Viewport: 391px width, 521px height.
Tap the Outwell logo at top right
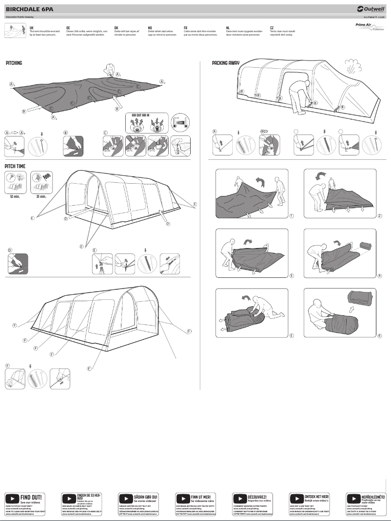coord(370,8)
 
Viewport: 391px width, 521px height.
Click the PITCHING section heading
coord(14,63)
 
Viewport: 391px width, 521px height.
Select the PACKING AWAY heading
coord(225,63)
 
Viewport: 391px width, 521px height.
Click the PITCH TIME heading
coord(15,166)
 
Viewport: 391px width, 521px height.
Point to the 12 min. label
coord(14,196)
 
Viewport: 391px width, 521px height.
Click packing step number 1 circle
coord(291,215)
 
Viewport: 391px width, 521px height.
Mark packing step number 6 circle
coord(379,335)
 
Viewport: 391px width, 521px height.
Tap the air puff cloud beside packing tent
coord(355,67)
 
